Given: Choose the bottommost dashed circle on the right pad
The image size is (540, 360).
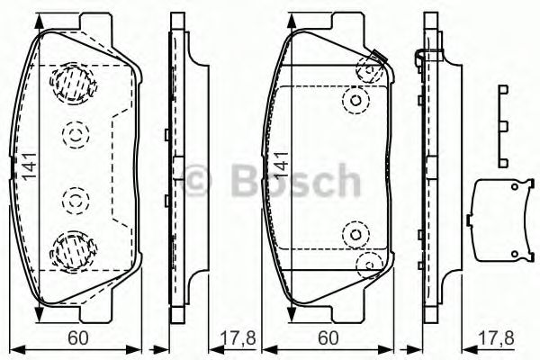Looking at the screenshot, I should click(367, 264).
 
